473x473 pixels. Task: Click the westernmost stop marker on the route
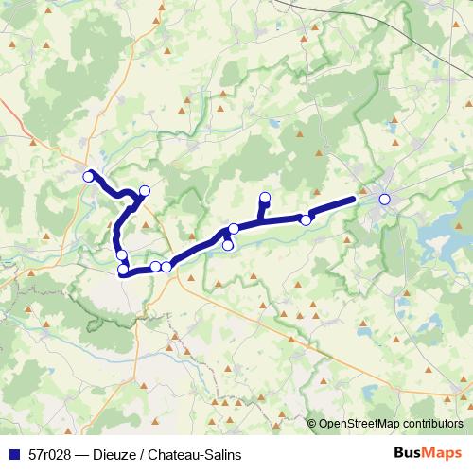coord(89,176)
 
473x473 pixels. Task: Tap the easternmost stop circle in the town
coord(384,199)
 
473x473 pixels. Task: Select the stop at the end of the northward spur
coord(265,198)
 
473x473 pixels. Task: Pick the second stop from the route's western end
coord(144,191)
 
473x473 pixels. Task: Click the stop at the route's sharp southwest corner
coord(123,272)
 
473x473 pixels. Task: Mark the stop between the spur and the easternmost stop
coord(306,219)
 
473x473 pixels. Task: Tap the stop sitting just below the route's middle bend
coord(227,246)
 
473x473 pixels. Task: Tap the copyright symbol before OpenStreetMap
coord(312,424)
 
